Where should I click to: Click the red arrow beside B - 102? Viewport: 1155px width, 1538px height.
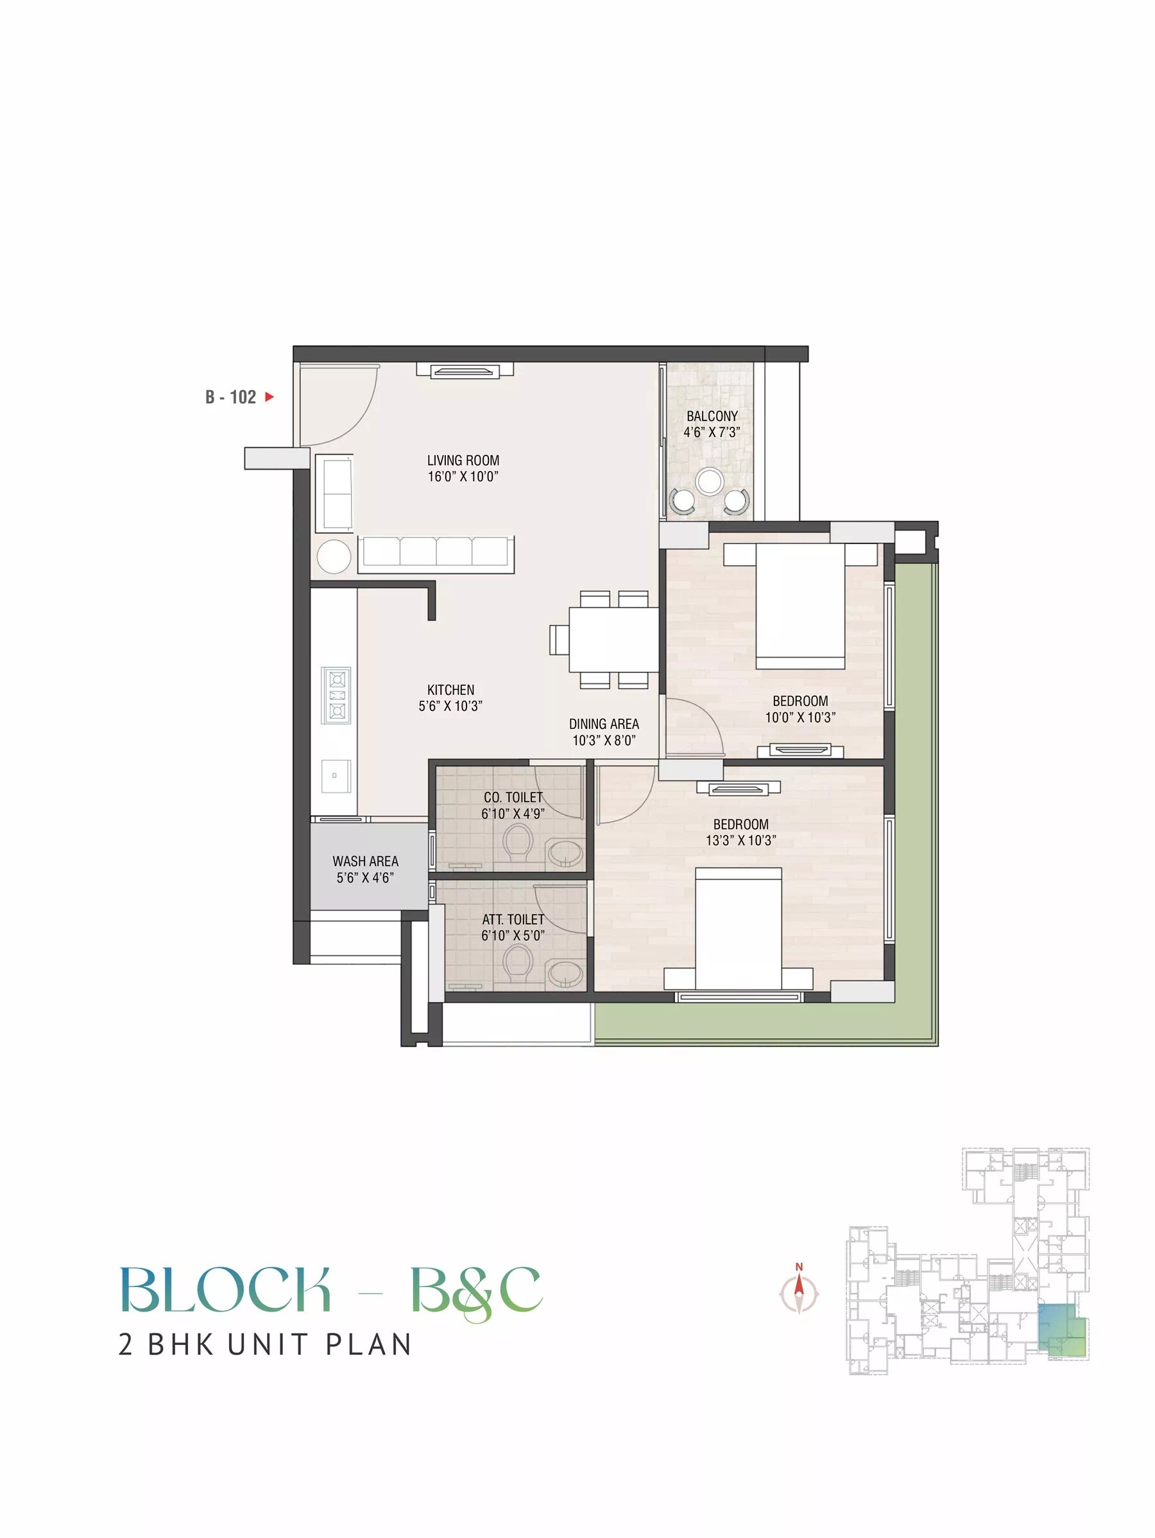(269, 397)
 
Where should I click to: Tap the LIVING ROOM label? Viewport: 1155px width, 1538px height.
(463, 460)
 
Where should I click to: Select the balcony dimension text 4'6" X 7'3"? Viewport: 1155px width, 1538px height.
(712, 432)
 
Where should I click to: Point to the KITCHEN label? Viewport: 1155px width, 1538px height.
(450, 690)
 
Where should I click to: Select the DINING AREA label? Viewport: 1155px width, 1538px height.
(604, 724)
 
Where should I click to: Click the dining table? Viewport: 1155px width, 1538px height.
(613, 639)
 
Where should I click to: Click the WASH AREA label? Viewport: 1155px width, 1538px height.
(365, 861)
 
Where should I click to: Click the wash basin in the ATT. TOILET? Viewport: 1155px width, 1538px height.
(565, 973)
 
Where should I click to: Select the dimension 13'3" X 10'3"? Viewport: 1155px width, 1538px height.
(740, 840)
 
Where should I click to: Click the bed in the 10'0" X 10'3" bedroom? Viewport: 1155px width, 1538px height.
(800, 604)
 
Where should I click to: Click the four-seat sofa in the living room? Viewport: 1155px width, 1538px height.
(436, 554)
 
